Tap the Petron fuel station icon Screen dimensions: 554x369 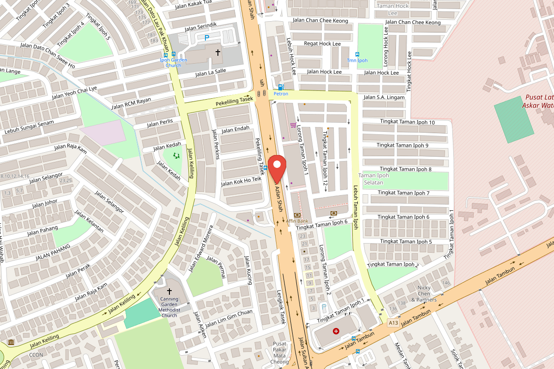click(x=281, y=87)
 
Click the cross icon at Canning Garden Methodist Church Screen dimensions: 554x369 click(x=169, y=291)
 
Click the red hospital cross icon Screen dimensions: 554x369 click(x=336, y=331)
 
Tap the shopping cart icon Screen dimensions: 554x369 click(x=293, y=125)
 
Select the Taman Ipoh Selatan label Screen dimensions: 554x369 click(x=373, y=179)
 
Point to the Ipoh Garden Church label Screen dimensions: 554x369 click(x=170, y=62)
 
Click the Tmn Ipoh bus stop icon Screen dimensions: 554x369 click(x=357, y=54)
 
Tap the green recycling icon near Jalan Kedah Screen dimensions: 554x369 click(x=176, y=156)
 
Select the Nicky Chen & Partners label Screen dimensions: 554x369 click(x=424, y=293)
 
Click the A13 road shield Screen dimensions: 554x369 click(x=393, y=322)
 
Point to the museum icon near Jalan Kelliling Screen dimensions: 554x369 click(x=11, y=342)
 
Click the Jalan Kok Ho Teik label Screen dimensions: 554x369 click(x=241, y=181)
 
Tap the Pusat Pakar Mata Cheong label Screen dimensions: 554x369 click(x=280, y=353)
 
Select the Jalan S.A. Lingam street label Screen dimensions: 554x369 click(x=384, y=97)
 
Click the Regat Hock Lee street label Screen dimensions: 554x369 click(x=322, y=44)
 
